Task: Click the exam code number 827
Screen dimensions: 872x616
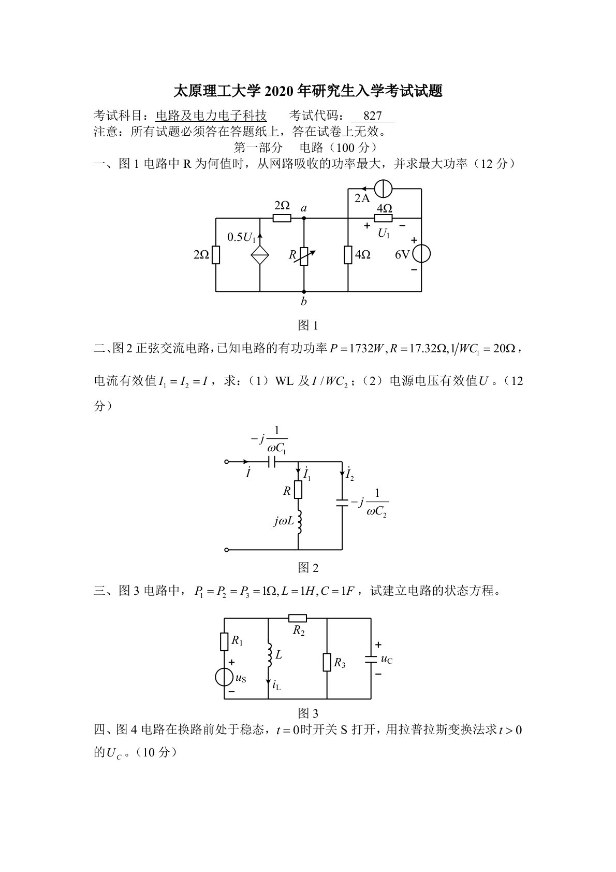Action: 372,116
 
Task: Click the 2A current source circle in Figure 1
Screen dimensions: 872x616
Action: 383,190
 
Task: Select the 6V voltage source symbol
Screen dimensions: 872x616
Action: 421,254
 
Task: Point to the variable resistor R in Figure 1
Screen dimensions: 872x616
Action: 304,255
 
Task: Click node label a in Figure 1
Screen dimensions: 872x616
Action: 304,208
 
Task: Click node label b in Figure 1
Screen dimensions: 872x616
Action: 304,302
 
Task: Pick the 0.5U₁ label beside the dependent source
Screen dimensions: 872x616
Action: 242,237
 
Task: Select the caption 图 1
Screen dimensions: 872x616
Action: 308,325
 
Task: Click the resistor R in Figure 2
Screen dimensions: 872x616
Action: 298,490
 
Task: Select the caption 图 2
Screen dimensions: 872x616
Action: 308,568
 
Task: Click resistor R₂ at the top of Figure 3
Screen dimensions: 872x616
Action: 298,618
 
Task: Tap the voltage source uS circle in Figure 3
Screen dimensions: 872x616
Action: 225,677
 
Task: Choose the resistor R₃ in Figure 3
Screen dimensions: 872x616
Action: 327,662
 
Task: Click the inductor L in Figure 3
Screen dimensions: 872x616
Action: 269,655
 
